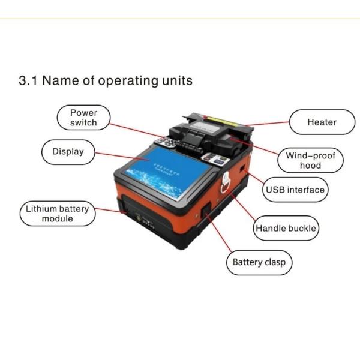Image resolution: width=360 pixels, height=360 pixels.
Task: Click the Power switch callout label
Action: pos(83,118)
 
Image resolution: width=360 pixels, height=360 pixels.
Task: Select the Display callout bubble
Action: pos(68,152)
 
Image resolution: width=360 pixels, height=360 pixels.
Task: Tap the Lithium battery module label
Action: pos(58,214)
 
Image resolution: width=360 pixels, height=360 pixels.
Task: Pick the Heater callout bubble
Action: pos(322,122)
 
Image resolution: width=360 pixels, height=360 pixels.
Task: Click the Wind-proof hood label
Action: pos(310,160)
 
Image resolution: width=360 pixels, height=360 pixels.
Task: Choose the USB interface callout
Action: pos(295,190)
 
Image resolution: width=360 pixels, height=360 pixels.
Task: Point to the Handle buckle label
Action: pos(286,228)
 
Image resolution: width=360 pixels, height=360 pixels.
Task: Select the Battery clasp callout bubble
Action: pos(259,263)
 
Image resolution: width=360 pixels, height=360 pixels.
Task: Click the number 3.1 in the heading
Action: pos(28,80)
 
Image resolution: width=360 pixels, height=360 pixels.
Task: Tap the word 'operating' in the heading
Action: pos(128,81)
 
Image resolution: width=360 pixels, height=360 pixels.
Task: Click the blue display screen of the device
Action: pos(167,173)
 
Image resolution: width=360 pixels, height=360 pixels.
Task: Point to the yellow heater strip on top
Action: pos(222,121)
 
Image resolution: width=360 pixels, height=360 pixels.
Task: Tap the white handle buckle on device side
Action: pos(226,182)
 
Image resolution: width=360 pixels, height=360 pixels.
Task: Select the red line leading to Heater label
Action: pos(267,124)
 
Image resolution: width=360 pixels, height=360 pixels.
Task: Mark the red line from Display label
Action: pos(121,156)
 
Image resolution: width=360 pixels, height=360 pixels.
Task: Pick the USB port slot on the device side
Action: pos(242,169)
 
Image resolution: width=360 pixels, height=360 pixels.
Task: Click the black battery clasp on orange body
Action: pos(206,211)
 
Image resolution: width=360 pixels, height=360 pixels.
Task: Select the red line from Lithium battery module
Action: pos(110,211)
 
